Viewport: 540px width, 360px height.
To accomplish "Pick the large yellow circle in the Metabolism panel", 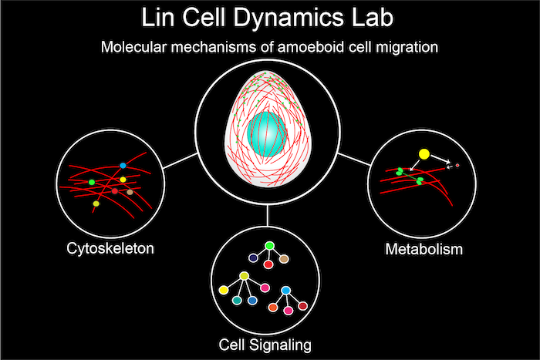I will [x=423, y=154].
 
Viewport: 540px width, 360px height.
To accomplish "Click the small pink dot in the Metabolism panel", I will [x=457, y=165].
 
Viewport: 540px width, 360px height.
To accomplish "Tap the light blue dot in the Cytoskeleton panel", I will [x=123, y=166].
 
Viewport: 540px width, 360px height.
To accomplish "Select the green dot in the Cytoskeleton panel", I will [x=92, y=182].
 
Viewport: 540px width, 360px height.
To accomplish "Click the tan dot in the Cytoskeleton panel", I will [x=130, y=191].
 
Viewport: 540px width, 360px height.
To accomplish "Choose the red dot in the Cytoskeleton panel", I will [x=115, y=190].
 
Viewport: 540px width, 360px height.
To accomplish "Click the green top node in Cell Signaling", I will [x=269, y=247].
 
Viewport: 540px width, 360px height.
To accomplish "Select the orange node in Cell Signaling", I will [x=272, y=306].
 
